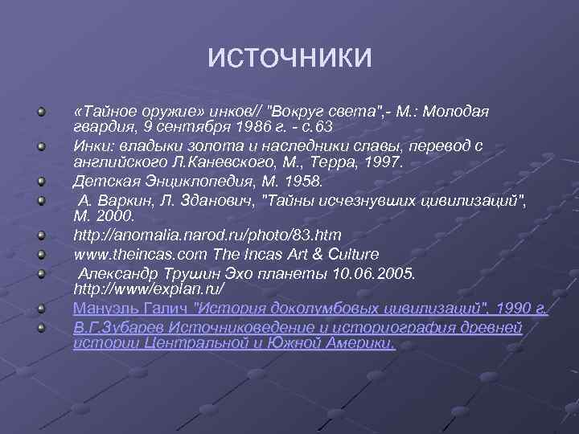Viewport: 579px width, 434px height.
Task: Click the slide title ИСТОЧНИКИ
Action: click(289, 58)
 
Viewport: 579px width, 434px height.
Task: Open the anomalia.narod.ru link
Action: click(207, 235)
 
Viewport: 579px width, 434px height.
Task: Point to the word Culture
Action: click(351, 254)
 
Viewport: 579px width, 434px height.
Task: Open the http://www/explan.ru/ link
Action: click(150, 288)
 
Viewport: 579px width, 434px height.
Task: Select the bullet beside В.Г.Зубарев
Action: click(40, 327)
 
